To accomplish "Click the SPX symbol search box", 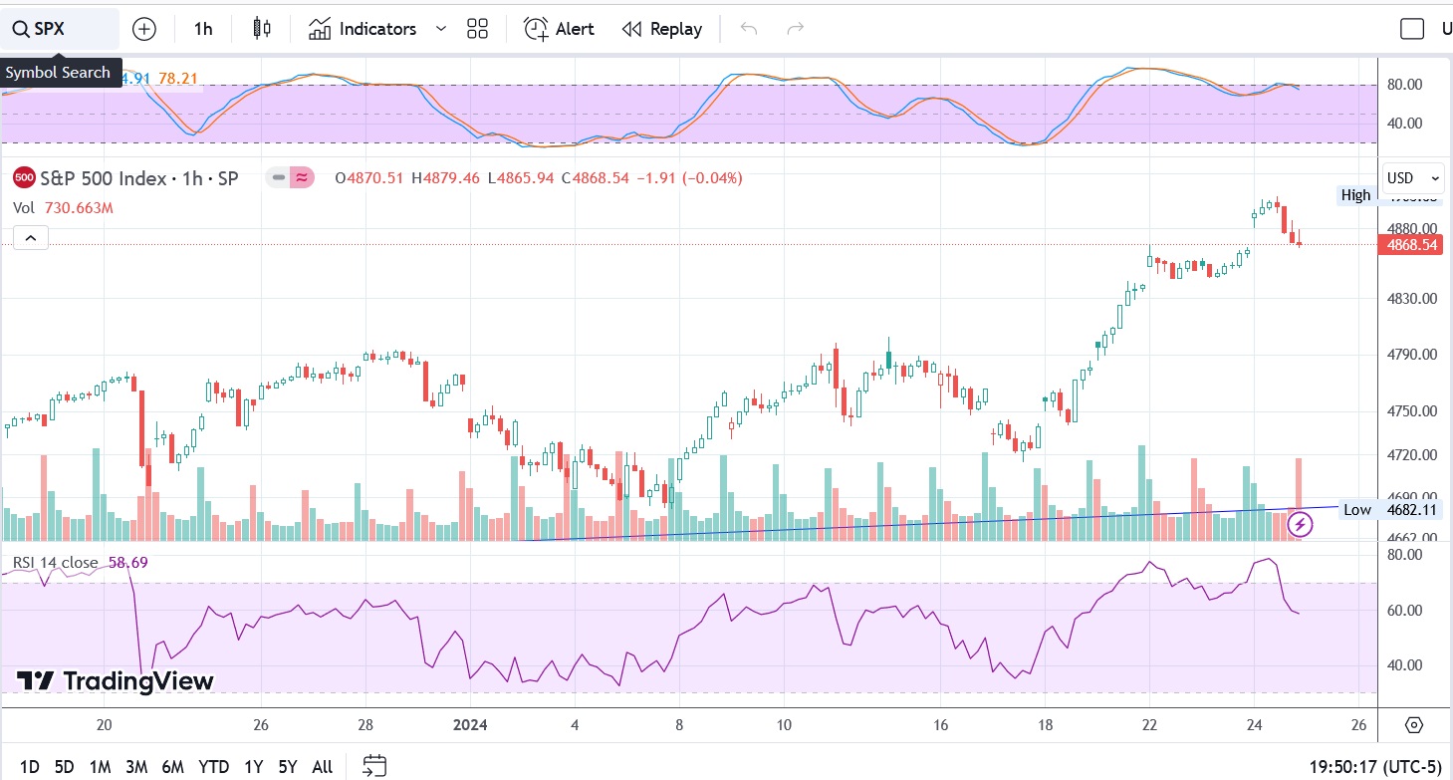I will (x=60, y=29).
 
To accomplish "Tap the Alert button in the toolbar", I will (x=560, y=29).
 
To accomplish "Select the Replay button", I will (x=662, y=29).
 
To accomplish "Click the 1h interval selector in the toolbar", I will (x=203, y=29).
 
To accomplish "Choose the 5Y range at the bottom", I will (x=288, y=767).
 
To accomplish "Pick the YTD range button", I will (x=213, y=767).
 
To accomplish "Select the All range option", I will (x=322, y=767).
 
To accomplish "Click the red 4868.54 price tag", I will (x=1409, y=244).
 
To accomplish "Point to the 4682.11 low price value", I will (x=1411, y=510).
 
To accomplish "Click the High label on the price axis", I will (x=1355, y=195).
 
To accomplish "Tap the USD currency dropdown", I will (x=1411, y=178).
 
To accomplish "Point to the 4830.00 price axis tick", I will (x=1411, y=299).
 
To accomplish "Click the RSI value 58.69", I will (x=128, y=563).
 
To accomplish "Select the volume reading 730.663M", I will (x=78, y=208).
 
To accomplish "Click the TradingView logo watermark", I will (x=116, y=681).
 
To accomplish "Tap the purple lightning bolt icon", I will (x=1301, y=524).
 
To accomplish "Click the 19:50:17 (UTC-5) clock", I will (x=1374, y=767).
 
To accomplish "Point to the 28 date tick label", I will (x=365, y=725).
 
